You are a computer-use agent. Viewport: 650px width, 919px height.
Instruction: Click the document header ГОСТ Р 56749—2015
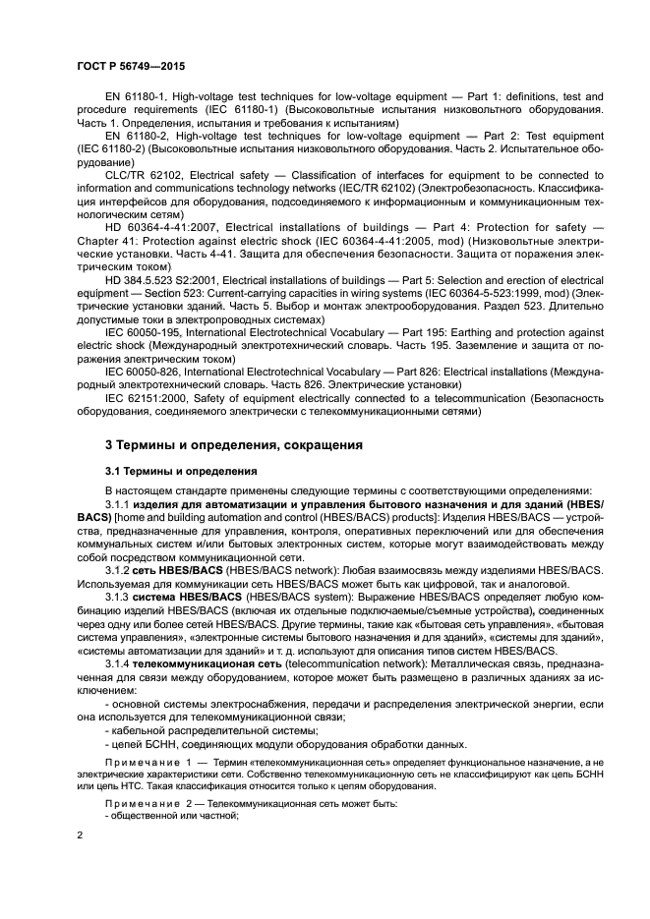click(131, 65)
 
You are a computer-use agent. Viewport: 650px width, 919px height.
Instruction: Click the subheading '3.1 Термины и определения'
click(181, 471)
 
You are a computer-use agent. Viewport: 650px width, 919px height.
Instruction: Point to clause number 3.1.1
click(119, 504)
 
